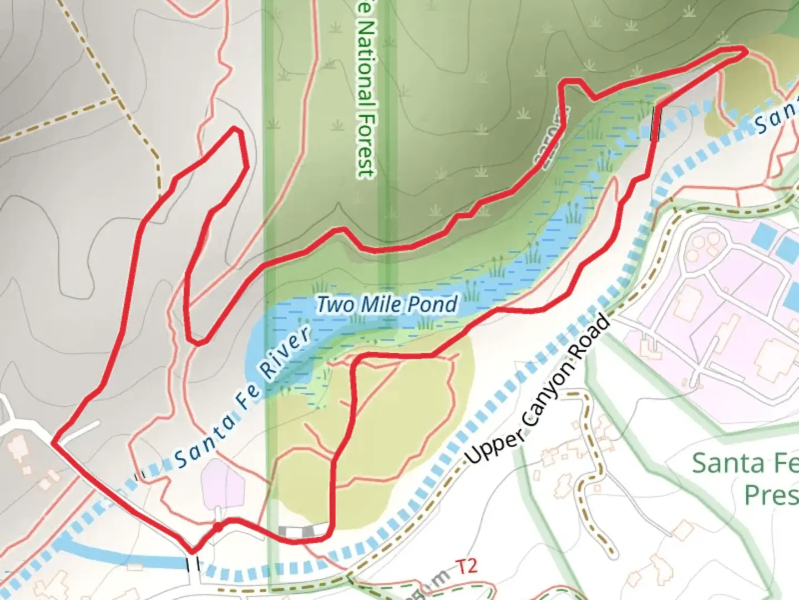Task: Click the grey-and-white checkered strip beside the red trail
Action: point(304,531)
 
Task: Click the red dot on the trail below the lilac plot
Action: point(218,527)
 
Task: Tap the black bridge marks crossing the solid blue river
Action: point(193,564)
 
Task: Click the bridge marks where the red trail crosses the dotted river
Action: point(656,123)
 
